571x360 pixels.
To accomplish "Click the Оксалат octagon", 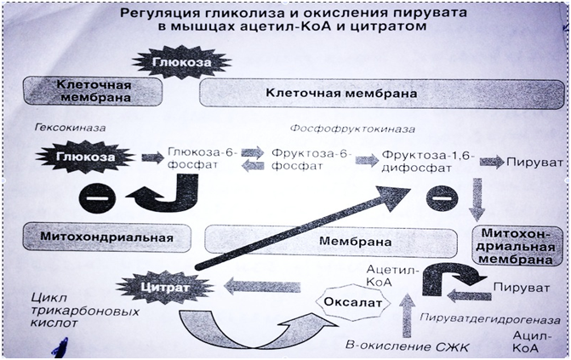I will [350, 302].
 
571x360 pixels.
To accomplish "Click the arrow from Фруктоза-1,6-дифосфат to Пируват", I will [491, 160].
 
